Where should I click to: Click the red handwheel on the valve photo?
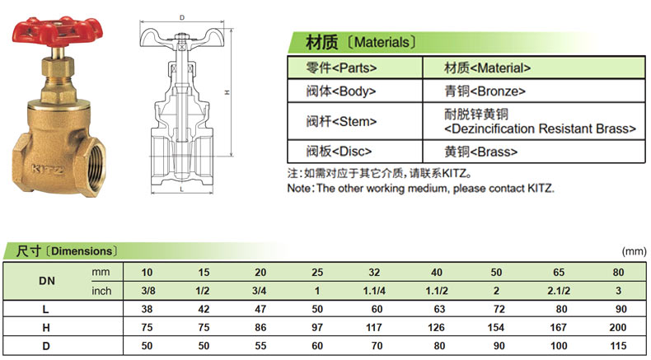coord(58,31)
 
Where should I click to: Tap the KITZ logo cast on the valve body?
coord(48,169)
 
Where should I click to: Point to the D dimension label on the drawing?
coord(182,17)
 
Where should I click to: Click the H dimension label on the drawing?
coord(227,92)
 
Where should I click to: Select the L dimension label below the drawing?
coord(182,189)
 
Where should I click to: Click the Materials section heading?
coord(360,42)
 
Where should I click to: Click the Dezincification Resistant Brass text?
coord(540,129)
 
